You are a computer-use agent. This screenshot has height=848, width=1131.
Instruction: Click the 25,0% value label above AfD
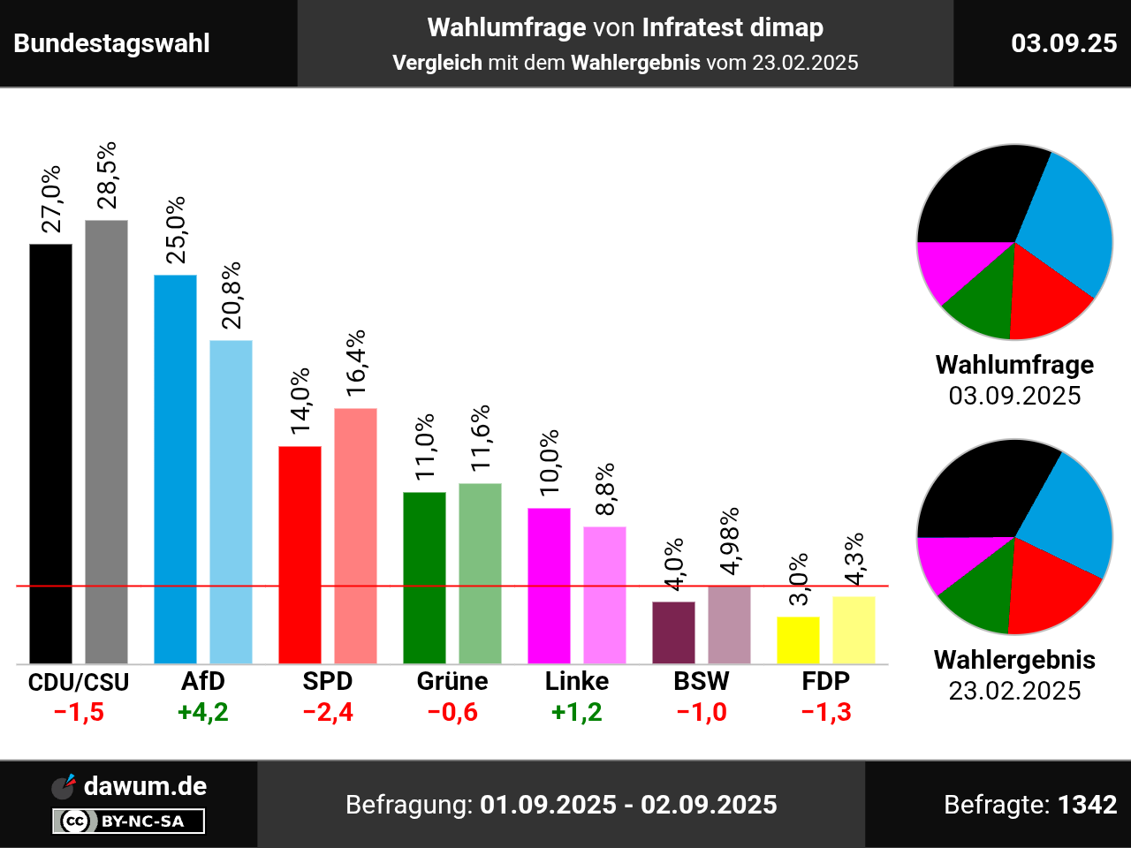(177, 230)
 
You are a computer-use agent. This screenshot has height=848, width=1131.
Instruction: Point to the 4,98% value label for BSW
(730, 541)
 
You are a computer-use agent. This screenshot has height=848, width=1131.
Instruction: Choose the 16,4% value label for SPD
(356, 362)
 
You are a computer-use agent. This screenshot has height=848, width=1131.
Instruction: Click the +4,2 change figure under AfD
(203, 712)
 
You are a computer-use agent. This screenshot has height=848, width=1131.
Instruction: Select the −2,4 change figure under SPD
(328, 712)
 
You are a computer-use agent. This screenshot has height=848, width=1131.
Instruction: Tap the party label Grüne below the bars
(452, 681)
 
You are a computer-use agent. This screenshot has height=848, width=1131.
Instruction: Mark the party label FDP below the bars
(826, 681)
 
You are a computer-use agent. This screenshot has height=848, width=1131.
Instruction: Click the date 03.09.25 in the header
(1064, 43)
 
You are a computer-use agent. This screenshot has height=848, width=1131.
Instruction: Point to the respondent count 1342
(1088, 805)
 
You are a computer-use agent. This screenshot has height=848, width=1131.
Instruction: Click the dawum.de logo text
(145, 786)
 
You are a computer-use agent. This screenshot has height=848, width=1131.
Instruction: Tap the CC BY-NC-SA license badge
(129, 821)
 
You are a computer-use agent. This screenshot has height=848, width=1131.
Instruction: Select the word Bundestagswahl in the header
(112, 43)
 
